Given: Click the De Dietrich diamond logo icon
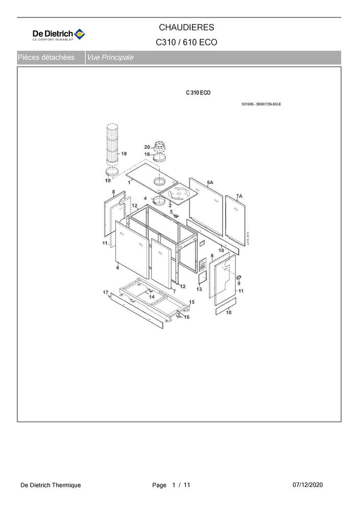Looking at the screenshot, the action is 80,34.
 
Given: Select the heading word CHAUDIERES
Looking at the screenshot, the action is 186,28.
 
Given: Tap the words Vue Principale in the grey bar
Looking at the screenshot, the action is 110,58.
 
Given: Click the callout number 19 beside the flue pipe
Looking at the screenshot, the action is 124,154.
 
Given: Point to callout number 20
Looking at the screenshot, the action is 147,147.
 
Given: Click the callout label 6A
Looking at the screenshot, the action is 210,182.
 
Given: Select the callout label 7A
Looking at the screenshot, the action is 239,196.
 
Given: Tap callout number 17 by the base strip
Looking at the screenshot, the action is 106,292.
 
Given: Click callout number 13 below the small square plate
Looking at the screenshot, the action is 199,289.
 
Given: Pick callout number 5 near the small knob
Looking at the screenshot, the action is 172,212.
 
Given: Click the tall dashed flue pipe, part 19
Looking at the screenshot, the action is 112,144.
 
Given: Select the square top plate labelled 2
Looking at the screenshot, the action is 178,193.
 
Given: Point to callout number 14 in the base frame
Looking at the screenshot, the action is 152,297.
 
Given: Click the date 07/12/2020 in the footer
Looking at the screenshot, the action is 307,485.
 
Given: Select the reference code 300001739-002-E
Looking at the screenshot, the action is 269,104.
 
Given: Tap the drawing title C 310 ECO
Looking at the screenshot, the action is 198,93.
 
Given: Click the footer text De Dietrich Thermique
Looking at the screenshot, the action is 51,485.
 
